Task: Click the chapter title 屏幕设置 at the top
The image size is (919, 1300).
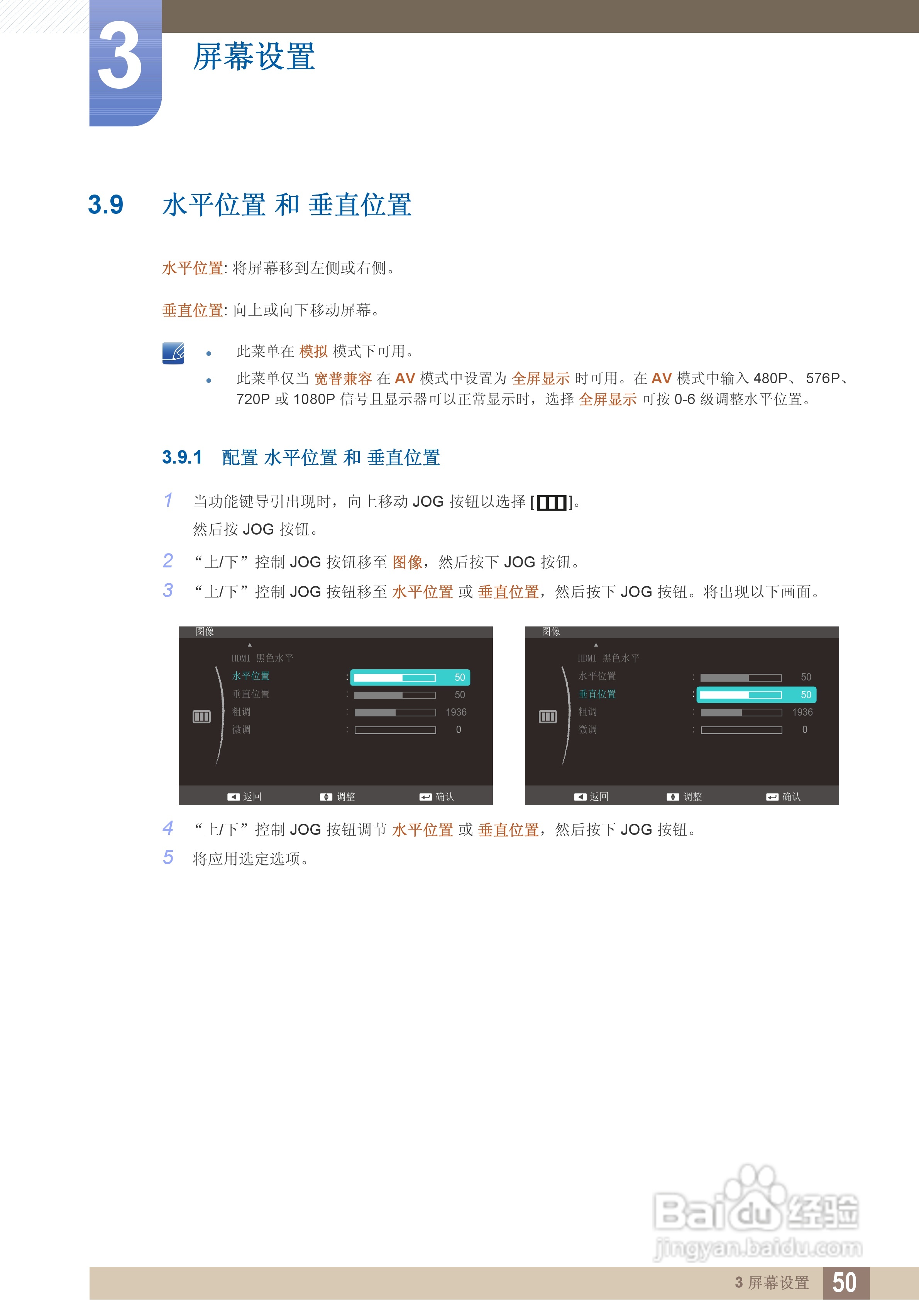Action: click(254, 57)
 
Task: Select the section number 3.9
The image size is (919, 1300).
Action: click(105, 205)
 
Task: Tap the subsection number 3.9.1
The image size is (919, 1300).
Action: click(182, 457)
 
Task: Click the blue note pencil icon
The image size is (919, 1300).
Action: click(173, 353)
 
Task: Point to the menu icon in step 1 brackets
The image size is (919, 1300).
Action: click(551, 502)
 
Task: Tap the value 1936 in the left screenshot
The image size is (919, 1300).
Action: click(456, 712)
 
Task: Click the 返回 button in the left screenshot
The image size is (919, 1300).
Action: click(245, 797)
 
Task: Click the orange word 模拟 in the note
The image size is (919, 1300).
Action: click(313, 352)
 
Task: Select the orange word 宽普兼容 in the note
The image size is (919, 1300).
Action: click(343, 378)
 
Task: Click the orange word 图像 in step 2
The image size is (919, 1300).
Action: click(407, 562)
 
